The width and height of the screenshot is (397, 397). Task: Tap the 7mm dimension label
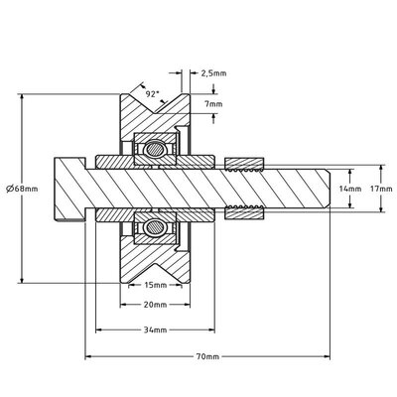pyautogui.click(x=211, y=103)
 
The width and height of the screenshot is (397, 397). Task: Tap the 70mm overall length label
pyautogui.click(x=206, y=355)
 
